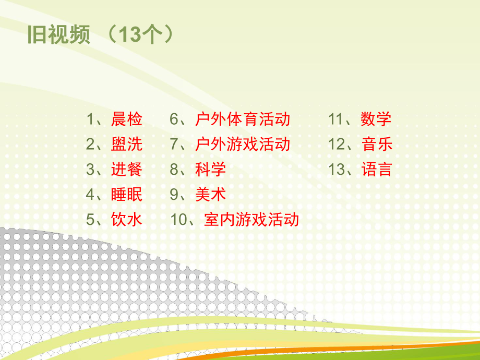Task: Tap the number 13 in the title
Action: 130,36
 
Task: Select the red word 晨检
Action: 127,119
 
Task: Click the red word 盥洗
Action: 127,145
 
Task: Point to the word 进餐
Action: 127,170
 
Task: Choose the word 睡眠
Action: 127,195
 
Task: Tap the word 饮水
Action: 127,220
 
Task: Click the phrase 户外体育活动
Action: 243,119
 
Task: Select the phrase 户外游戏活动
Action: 243,145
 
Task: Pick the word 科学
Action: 211,170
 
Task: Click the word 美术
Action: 211,195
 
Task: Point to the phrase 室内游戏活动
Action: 251,220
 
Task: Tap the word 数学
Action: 376,119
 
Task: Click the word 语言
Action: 376,170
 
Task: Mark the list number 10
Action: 179,220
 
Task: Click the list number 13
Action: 337,170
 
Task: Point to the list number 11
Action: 337,119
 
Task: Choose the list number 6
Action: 174,119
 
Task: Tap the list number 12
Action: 337,145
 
